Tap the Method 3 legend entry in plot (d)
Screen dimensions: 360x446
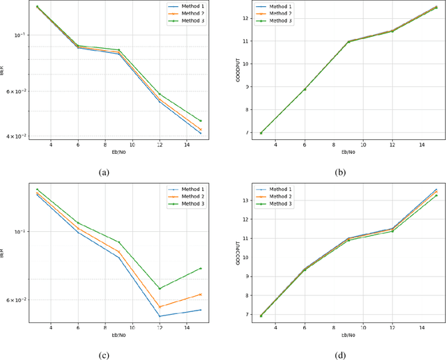coord(280,203)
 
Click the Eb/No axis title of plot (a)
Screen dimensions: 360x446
coord(118,152)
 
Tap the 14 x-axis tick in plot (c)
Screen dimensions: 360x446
coord(187,327)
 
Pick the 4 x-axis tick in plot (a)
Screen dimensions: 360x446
coord(50,144)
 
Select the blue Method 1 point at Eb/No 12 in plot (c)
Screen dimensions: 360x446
coord(160,316)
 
